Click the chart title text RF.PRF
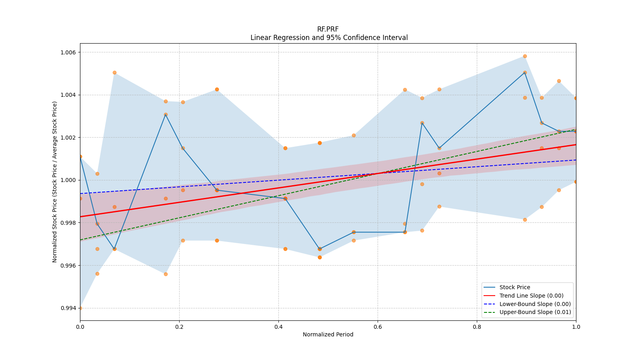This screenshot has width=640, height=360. [x=328, y=29]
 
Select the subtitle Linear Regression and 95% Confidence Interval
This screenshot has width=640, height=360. [x=329, y=38]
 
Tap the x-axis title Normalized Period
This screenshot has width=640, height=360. [x=328, y=334]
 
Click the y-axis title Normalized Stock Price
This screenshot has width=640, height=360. [x=55, y=182]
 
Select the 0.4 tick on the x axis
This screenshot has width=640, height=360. [x=278, y=327]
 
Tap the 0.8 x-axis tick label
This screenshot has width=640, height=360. [x=477, y=327]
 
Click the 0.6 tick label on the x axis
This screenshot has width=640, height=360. [x=378, y=327]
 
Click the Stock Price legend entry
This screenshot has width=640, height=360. [x=514, y=287]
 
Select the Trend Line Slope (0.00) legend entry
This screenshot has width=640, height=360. [x=531, y=296]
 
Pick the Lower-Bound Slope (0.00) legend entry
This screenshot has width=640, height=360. [x=535, y=304]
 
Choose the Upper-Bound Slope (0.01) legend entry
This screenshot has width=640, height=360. [x=535, y=312]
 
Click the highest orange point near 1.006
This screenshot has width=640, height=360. [x=525, y=56]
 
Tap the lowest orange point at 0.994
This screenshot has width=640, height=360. [x=80, y=308]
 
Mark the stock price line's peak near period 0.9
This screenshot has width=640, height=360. [x=525, y=72]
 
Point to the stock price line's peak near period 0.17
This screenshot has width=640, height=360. [x=166, y=114]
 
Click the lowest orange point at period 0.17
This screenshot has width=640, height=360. [x=166, y=274]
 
